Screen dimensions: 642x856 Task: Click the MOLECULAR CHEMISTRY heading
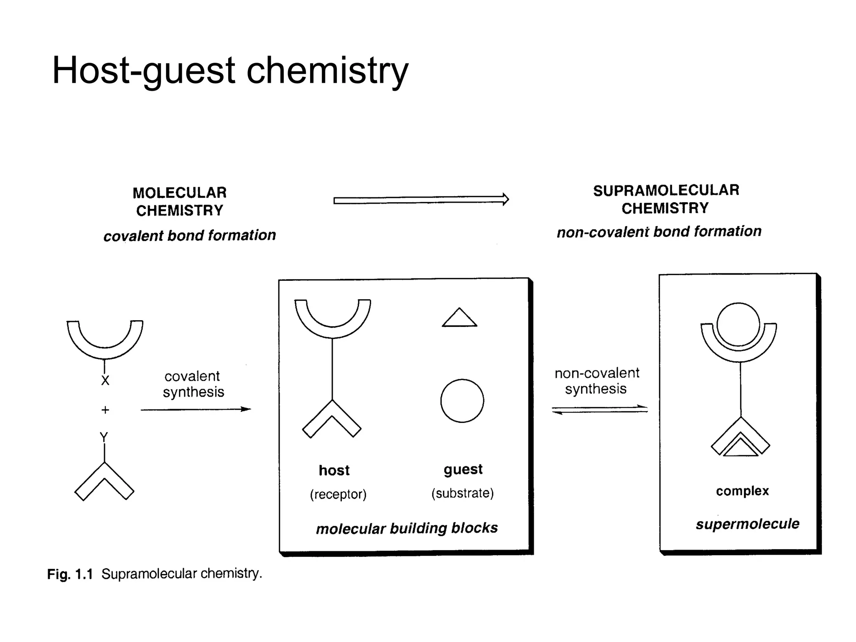(x=180, y=201)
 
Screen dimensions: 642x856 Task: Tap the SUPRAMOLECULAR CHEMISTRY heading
(x=666, y=199)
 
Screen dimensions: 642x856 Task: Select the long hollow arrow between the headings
(x=421, y=200)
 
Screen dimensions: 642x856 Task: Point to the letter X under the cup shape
(x=105, y=380)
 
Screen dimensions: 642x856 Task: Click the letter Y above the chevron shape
(x=104, y=437)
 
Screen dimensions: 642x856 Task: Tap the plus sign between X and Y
(x=105, y=410)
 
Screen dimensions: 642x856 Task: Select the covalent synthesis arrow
(x=196, y=410)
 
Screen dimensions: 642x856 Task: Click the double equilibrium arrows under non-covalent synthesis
(x=600, y=410)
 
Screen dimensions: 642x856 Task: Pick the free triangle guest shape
(x=459, y=319)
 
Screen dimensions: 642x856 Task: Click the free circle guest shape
(x=462, y=401)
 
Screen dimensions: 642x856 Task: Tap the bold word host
(x=334, y=471)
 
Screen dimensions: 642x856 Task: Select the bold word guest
(x=463, y=469)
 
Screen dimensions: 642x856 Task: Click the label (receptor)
(x=338, y=494)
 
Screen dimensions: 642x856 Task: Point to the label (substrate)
(x=462, y=494)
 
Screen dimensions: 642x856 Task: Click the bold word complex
(x=742, y=491)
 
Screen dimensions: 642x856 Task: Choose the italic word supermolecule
(x=747, y=524)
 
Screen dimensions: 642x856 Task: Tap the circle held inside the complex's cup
(x=738, y=325)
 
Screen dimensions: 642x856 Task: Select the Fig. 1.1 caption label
(x=70, y=574)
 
